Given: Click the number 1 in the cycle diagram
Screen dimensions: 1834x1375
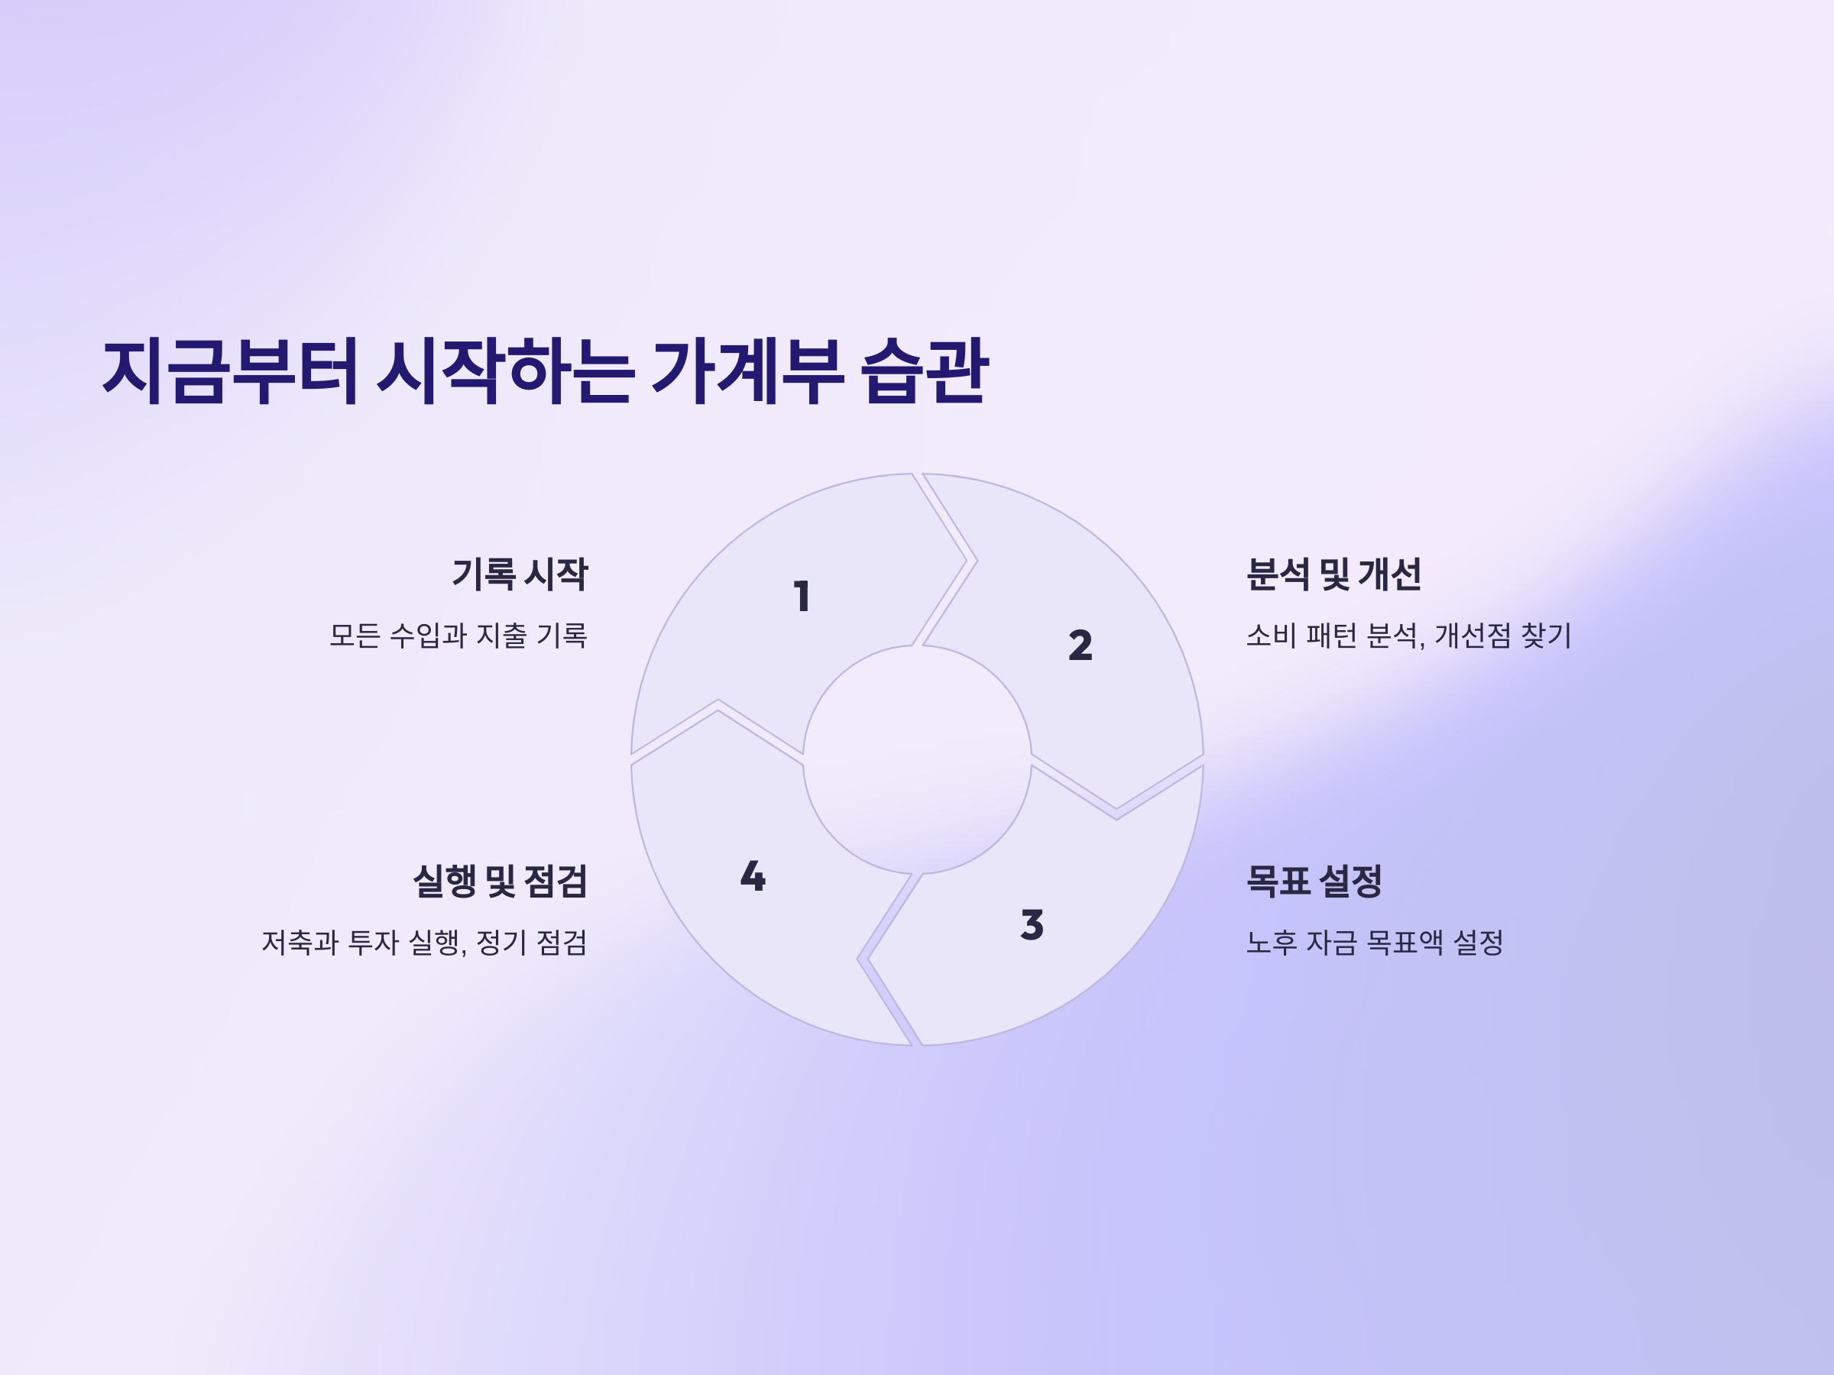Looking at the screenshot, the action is pyautogui.click(x=802, y=597).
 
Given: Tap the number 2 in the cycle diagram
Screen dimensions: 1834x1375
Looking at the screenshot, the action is pyautogui.click(x=1081, y=645).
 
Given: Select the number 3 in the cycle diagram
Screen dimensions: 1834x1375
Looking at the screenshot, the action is pyautogui.click(x=1032, y=925).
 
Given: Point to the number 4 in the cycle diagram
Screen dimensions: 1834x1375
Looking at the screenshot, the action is pyautogui.click(x=753, y=876).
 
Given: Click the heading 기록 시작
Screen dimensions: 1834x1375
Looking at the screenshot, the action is pyautogui.click(x=520, y=574).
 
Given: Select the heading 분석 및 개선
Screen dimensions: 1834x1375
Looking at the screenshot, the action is pyautogui.click(x=1334, y=574).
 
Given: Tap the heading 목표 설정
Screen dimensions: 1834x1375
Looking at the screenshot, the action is pyautogui.click(x=1314, y=881).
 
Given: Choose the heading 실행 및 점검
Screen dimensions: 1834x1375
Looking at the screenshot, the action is pyautogui.click(x=500, y=881).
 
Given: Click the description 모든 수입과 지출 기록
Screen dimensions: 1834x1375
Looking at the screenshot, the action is pyautogui.click(x=458, y=636).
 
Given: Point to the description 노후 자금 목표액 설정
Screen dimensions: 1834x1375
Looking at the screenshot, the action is pyautogui.click(x=1375, y=943).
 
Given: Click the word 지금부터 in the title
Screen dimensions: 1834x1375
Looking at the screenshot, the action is pyautogui.click(x=231, y=370).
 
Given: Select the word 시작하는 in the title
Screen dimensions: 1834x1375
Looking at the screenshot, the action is pyautogui.click(x=507, y=370).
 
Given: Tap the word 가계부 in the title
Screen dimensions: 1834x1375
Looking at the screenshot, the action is pyautogui.click(x=748, y=370).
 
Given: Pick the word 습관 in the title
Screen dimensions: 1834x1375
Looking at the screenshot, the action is pyautogui.click(x=925, y=370).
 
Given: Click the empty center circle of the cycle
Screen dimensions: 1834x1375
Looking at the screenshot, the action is pyautogui.click(x=917, y=759).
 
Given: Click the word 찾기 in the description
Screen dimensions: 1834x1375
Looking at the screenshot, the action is pyautogui.click(x=1547, y=636).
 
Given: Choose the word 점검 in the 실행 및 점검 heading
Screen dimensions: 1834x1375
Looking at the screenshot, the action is pyautogui.click(x=556, y=881).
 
